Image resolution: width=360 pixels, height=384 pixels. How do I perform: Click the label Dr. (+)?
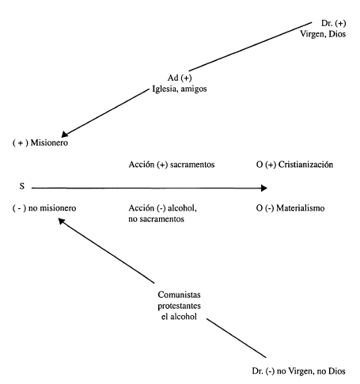pos(333,23)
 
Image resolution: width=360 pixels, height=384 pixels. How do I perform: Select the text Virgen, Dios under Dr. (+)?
pos(323,34)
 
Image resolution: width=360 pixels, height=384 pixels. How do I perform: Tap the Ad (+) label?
pos(180,78)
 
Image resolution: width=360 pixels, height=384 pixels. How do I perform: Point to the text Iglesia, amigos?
pos(180,89)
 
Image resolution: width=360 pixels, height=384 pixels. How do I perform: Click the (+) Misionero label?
pos(40,143)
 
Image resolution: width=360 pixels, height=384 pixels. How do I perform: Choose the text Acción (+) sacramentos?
pos(172,165)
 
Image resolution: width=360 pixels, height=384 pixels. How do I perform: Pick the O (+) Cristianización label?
pos(294,165)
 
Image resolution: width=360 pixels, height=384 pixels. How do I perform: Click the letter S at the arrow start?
pos(22,186)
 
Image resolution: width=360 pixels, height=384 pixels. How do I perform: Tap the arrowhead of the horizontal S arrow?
pos(264,188)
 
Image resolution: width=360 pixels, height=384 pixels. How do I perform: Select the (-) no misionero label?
pos(44,208)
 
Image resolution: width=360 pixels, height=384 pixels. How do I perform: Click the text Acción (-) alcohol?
pos(163,208)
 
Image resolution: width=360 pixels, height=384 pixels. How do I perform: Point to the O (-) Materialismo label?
pos(290,208)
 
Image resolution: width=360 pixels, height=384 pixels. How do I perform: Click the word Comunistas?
pos(179,295)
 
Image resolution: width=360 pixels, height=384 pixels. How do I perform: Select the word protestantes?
pos(179,306)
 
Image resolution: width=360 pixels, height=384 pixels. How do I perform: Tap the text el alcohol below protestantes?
pos(179,317)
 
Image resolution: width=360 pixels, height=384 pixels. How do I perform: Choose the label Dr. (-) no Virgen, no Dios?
pos(298,371)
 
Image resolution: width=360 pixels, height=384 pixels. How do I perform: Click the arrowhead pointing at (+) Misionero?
pos(65,134)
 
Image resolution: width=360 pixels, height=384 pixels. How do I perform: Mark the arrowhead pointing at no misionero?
pos(62,221)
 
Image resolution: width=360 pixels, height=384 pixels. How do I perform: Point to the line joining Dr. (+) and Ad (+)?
pos(250,47)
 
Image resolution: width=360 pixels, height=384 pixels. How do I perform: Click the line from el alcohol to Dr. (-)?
pos(237,338)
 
